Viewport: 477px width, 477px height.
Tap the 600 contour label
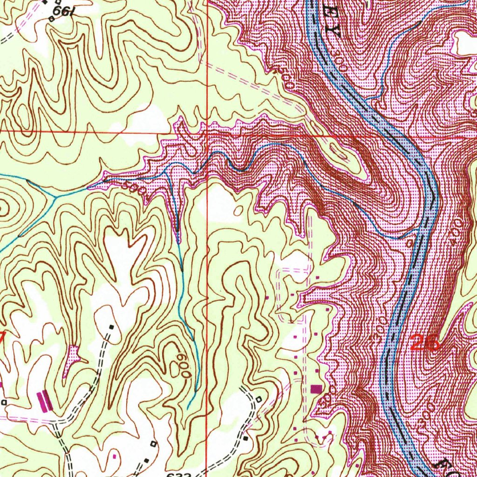[x=186, y=365]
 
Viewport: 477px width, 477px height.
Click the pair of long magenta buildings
[x=45, y=401]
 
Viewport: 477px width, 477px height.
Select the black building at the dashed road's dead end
[x=111, y=327]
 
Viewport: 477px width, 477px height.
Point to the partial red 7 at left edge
[x=2, y=337]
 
